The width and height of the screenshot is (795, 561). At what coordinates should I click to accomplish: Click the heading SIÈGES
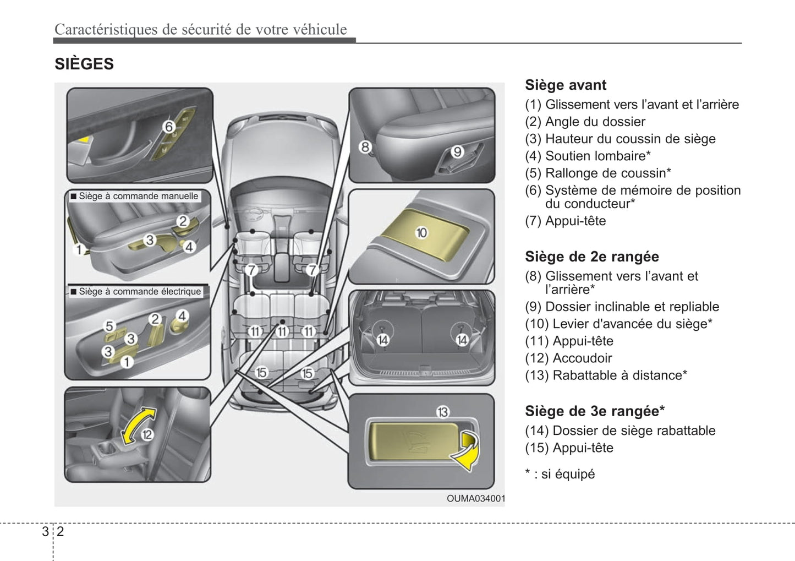coord(84,64)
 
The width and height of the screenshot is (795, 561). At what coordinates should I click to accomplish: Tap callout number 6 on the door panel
coord(169,127)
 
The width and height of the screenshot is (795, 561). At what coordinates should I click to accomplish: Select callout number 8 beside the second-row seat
coord(365,147)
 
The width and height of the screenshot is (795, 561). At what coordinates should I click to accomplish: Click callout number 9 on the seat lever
coord(457,151)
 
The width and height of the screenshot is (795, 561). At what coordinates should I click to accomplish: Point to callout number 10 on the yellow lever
coord(421,233)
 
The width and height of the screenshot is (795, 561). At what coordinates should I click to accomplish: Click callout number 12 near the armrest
coord(147,435)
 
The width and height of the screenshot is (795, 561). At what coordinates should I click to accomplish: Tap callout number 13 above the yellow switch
coord(443,412)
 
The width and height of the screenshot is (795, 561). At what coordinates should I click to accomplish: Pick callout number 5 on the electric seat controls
coord(109,326)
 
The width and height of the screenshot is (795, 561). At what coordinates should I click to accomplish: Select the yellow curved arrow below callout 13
coord(467,451)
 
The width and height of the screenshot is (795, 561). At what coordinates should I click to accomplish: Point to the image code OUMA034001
coord(475,499)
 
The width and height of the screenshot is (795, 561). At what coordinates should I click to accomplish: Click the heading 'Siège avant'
coord(566,85)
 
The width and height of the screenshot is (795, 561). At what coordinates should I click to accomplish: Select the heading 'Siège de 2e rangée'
coord(591,257)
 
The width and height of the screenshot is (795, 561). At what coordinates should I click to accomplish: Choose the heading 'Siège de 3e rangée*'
coord(595,411)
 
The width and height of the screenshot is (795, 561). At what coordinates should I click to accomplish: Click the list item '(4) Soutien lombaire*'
coord(588,156)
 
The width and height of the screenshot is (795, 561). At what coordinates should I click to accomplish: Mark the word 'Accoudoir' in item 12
coord(582,358)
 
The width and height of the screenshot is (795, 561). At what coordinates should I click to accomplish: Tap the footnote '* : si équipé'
coord(560,474)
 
